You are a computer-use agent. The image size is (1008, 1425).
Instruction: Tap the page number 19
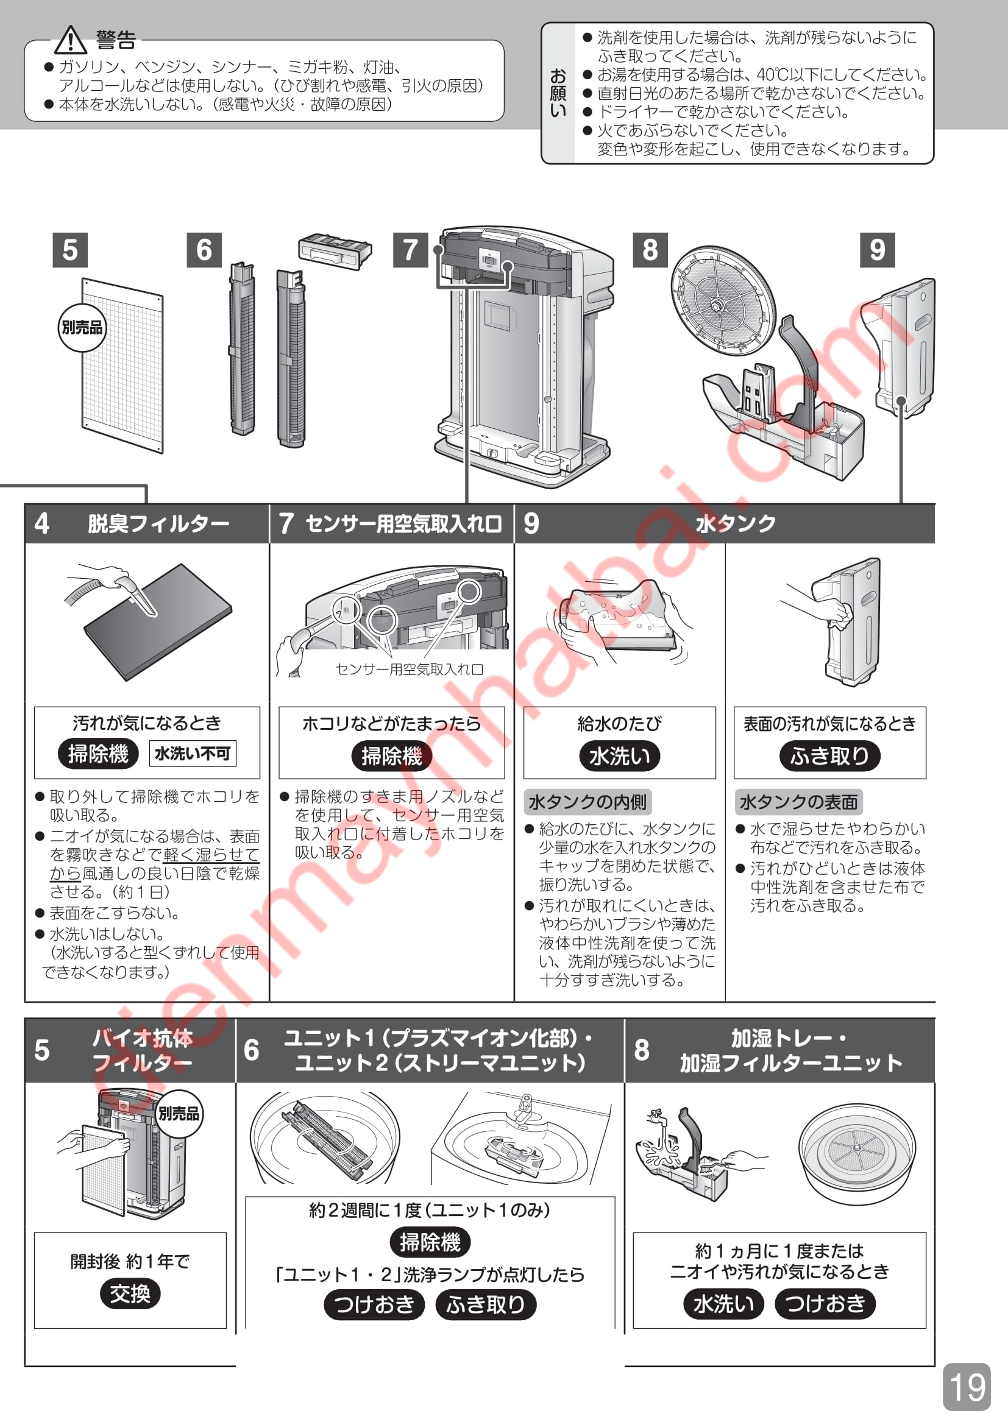pyautogui.click(x=967, y=1387)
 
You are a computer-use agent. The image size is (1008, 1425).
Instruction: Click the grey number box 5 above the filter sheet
pyautogui.click(x=70, y=250)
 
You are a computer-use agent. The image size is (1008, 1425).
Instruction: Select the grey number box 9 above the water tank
pyautogui.click(x=877, y=250)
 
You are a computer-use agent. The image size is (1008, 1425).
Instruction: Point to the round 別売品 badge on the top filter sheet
pyautogui.click(x=82, y=327)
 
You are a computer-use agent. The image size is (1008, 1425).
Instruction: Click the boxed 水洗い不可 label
pyautogui.click(x=193, y=754)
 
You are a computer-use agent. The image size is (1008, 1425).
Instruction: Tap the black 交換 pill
pyautogui.click(x=130, y=1294)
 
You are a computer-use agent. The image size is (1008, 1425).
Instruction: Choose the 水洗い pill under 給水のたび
pyautogui.click(x=619, y=756)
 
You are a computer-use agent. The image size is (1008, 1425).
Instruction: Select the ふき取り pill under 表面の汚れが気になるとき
pyautogui.click(x=830, y=756)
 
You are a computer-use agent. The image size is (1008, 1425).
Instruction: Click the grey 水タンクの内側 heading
pyautogui.click(x=587, y=802)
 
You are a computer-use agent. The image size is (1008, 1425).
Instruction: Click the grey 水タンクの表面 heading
pyautogui.click(x=798, y=802)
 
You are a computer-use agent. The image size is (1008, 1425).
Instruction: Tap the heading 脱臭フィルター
pyautogui.click(x=158, y=524)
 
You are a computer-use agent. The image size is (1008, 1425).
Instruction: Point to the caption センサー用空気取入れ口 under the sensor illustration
pyautogui.click(x=409, y=669)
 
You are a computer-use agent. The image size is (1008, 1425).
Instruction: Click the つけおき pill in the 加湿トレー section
pyautogui.click(x=825, y=1303)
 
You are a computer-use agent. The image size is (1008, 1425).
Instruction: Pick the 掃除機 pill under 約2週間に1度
pyautogui.click(x=430, y=1242)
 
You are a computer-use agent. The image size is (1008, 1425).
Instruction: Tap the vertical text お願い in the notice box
pyautogui.click(x=558, y=93)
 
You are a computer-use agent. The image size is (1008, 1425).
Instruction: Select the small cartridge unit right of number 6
pyautogui.click(x=335, y=252)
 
